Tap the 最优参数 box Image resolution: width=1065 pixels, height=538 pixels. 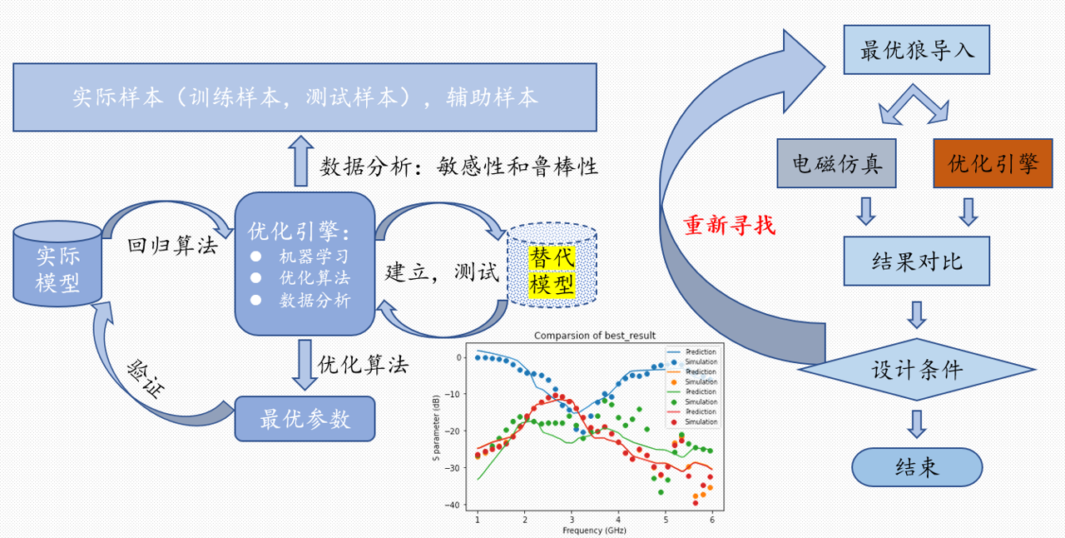coord(305,418)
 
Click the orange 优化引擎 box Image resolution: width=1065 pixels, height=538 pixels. coord(993,162)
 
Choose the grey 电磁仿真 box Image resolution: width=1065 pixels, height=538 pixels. coord(836,162)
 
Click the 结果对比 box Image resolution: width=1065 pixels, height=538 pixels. coord(916,261)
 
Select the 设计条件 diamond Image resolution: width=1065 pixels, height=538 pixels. coord(916,370)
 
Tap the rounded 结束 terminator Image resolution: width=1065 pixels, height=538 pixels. coord(916,467)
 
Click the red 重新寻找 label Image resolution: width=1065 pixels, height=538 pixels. coord(728,225)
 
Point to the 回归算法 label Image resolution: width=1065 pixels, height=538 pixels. coord(171,245)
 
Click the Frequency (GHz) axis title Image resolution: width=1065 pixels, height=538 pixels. coord(594,530)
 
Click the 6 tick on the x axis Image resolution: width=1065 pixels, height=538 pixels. coord(712,519)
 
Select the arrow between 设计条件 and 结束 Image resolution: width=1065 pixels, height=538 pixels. coord(916,423)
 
